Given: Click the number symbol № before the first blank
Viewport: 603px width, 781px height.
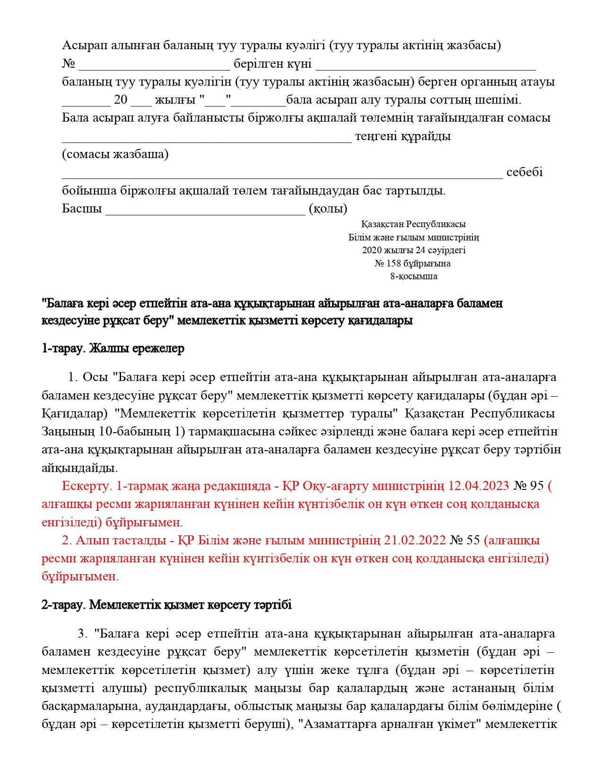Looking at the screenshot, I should point(69,64).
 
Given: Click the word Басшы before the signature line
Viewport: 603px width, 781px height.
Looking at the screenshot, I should point(82,209).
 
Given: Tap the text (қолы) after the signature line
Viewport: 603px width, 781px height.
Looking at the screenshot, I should point(328,209).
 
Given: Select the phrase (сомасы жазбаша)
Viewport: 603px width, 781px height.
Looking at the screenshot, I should point(115,154).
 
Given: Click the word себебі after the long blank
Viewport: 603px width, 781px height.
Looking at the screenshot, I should point(524,172).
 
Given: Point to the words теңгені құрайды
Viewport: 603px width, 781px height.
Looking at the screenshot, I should point(402,136).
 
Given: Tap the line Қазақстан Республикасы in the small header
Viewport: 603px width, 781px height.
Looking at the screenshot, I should point(413,224).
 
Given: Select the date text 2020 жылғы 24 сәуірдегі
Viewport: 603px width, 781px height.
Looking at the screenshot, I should point(413,250).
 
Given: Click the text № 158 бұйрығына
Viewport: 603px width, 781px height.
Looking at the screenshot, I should point(412,264).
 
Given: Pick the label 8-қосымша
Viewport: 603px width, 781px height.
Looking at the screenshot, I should point(413,276).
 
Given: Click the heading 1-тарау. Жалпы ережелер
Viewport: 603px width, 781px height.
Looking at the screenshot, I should point(113,349).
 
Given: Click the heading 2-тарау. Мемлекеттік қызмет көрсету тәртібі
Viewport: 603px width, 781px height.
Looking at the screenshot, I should point(166,605).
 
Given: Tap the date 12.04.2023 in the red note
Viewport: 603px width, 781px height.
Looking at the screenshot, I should point(478,486).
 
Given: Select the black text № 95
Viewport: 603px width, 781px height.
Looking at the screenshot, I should point(529,486).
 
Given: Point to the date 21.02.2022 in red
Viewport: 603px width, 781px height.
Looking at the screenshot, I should point(415,541).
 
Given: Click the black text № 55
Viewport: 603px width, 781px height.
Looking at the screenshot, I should point(465,541).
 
